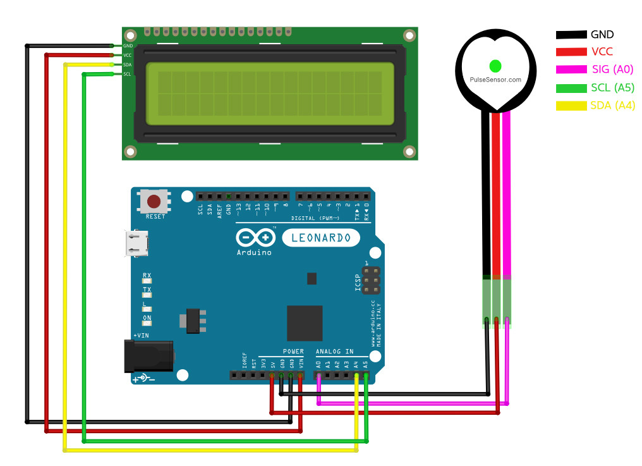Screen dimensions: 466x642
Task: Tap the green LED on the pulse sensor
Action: coord(495,66)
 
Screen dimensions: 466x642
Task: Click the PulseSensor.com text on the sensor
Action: coord(496,80)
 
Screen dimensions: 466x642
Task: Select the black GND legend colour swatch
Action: coord(571,35)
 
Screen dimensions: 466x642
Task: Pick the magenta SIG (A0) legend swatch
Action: coord(571,70)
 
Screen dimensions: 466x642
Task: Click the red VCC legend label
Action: coord(602,52)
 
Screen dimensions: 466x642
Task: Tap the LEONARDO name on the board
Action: coord(321,238)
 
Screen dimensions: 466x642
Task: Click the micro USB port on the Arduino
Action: coord(138,243)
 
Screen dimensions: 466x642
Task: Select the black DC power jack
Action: coord(150,355)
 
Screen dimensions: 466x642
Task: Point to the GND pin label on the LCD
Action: coord(128,46)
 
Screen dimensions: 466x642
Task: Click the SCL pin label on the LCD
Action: coord(127,74)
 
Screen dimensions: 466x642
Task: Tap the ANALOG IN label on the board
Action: coord(334,352)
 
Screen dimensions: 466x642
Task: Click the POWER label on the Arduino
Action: coord(293,352)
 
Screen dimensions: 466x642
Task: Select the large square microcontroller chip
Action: coord(305,323)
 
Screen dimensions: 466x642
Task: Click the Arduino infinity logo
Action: coord(255,238)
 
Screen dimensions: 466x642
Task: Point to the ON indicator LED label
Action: coord(147,317)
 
